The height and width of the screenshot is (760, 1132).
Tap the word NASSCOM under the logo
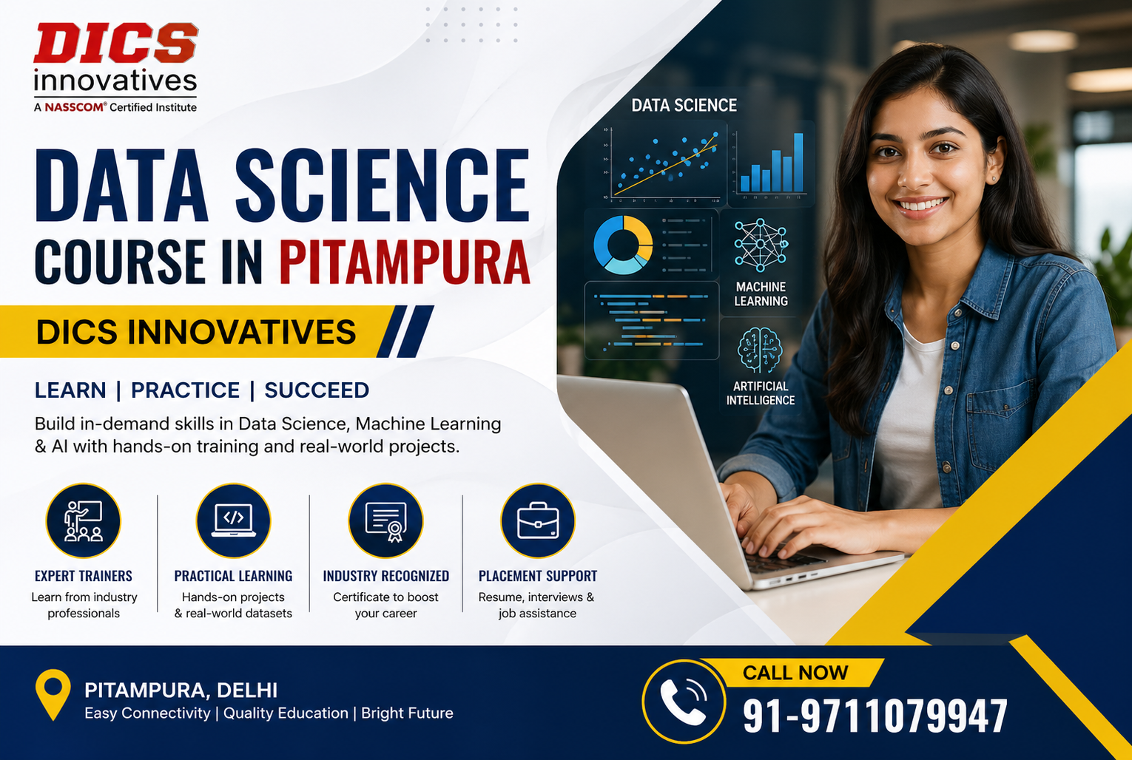74,107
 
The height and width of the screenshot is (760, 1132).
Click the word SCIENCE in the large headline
383,185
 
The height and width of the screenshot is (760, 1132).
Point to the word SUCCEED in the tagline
317,390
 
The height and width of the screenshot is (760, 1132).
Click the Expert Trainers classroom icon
84,520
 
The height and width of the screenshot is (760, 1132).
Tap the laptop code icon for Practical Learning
234,520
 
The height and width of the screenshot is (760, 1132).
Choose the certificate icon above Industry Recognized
385,520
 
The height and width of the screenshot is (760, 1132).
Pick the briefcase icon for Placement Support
538,520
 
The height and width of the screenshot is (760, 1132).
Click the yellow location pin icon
53,694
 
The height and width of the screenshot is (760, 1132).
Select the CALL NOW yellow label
795,673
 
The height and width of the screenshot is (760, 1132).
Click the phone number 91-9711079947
875,716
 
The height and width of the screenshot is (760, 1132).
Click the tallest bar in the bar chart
798,163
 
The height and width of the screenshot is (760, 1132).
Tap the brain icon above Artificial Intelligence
760,350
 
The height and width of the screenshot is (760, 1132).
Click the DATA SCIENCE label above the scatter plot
684,105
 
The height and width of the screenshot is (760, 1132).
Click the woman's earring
994,178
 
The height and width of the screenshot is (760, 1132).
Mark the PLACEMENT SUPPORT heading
538,576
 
